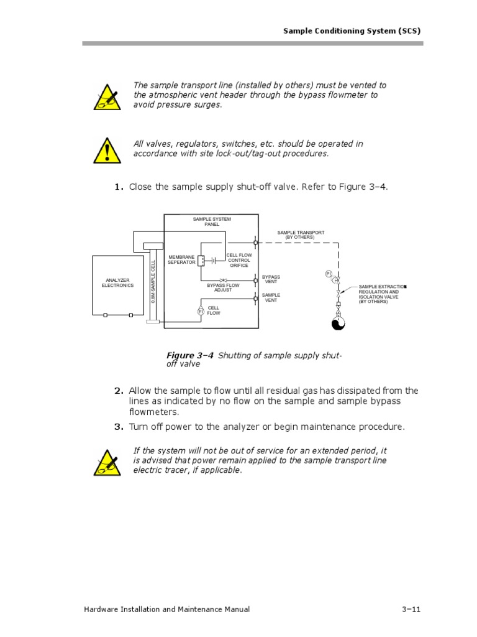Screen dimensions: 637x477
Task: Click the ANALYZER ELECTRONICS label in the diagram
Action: [117, 283]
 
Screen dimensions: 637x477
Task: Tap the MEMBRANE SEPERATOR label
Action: [181, 259]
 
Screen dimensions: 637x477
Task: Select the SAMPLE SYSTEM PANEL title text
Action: [212, 221]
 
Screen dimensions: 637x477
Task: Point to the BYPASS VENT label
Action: [271, 279]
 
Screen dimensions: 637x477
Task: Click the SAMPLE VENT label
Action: [271, 297]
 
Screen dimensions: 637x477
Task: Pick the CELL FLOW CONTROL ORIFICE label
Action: [239, 260]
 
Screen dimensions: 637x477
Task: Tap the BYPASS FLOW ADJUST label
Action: [223, 287]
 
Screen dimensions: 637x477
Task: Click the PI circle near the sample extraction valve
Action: [329, 274]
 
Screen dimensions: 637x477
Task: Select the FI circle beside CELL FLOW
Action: [201, 310]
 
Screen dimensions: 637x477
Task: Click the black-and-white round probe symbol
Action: [338, 324]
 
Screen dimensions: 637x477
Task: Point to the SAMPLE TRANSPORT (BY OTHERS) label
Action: [301, 235]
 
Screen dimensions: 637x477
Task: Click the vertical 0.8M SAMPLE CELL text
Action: [153, 281]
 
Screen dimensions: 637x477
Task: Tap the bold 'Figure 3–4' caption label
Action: [190, 355]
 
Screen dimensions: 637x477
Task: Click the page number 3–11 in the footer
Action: [411, 610]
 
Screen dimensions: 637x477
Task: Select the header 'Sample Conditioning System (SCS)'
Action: [353, 30]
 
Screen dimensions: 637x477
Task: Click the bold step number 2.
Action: [119, 391]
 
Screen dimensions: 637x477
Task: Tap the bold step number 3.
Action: [119, 427]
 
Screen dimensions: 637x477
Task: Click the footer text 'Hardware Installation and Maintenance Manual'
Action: [166, 610]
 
